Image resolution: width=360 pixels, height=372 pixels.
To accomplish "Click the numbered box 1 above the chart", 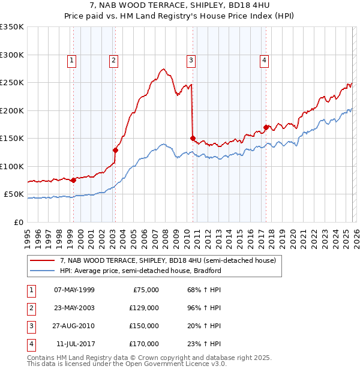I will (71, 59).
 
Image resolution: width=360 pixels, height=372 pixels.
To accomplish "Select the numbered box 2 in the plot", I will (113, 59).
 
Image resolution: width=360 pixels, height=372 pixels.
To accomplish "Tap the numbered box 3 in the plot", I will (191, 59).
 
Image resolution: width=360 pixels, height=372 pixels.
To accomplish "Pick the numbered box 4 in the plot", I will (264, 59).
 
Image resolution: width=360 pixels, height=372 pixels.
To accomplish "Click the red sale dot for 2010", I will (193, 138).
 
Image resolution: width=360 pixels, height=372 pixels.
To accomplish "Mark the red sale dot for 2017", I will (266, 127).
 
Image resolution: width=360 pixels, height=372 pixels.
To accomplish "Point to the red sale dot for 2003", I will (115, 150).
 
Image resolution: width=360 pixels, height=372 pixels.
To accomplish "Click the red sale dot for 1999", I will (73, 180).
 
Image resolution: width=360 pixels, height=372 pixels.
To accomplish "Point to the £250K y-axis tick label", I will (12, 83).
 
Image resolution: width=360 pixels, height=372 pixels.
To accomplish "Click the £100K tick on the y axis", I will (12, 166).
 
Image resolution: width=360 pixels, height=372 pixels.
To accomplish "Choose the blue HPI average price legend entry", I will (140, 271).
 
